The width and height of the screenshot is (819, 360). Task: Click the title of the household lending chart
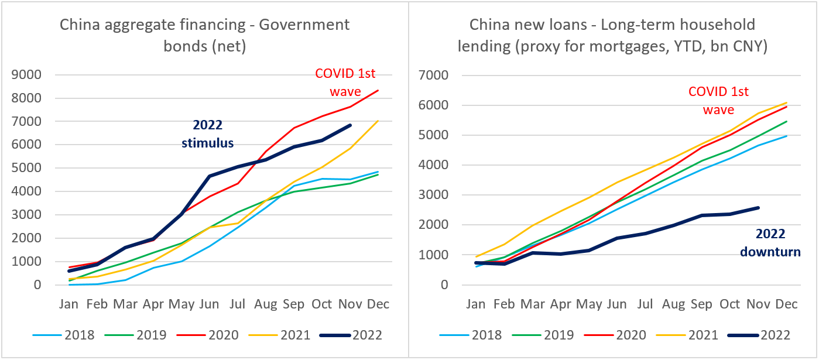pyautogui.click(x=612, y=35)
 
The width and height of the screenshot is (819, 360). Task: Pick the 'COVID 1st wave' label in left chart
pyautogui.click(x=345, y=82)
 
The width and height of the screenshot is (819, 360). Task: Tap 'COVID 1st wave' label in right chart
pyautogui.click(x=718, y=101)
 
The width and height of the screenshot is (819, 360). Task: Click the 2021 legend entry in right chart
pyautogui.click(x=704, y=335)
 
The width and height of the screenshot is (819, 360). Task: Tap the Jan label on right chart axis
pyautogui.click(x=476, y=304)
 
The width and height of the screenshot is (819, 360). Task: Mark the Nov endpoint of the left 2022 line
pyautogui.click(x=351, y=125)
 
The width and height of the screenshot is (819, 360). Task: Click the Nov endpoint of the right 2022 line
pyautogui.click(x=759, y=208)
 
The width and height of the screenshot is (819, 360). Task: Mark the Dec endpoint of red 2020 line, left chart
pyautogui.click(x=378, y=90)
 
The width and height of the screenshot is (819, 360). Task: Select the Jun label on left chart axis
pyautogui.click(x=209, y=304)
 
